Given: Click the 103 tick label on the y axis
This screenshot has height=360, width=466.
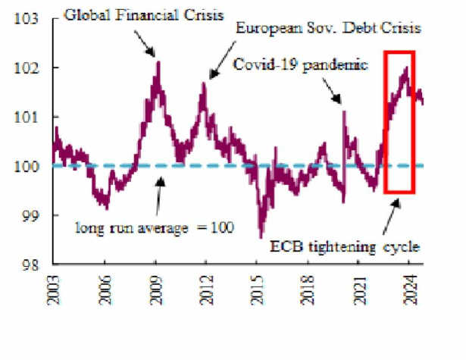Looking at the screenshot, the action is (27, 19).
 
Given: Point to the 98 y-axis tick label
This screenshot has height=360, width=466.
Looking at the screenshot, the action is (30, 265).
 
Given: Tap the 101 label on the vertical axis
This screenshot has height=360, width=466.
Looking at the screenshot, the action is (27, 117).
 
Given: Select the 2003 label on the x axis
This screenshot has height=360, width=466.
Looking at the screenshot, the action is (54, 290).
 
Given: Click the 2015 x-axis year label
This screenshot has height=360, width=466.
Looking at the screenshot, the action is (257, 290).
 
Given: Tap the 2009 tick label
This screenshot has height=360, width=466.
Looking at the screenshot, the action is (156, 290).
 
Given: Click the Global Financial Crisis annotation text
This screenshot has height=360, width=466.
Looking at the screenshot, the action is (144, 15).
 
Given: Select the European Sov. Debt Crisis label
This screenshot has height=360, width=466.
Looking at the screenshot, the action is (328, 28).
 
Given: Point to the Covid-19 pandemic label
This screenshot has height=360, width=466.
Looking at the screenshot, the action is (301, 64).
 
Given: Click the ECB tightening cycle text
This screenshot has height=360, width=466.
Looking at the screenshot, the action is (345, 247).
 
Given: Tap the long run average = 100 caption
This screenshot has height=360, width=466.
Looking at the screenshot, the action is (155, 228).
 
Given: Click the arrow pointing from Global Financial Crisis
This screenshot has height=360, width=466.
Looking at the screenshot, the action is (145, 43).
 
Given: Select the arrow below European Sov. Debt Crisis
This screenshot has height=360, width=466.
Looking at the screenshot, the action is (222, 60).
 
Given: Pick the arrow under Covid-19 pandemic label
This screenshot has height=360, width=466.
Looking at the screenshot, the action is (332, 91).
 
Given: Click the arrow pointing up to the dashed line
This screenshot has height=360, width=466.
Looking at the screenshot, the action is (159, 196).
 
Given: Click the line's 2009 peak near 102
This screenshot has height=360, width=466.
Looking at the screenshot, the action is (158, 62).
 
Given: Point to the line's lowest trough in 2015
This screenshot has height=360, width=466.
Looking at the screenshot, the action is (261, 238).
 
